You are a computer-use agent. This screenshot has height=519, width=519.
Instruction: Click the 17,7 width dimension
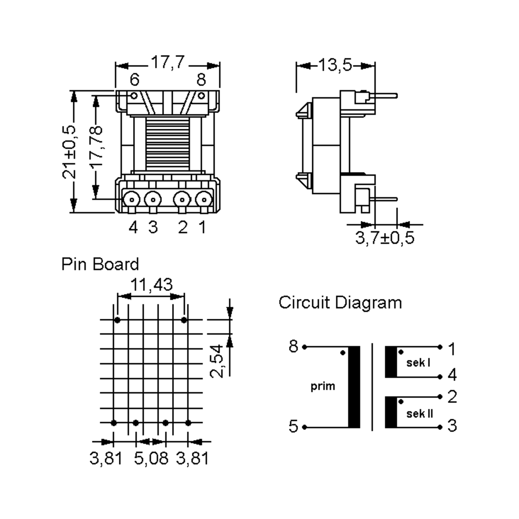pos(168,62)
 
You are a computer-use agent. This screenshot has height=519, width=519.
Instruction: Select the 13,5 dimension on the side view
pos(335,65)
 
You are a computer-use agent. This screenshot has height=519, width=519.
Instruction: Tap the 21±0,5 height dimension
pos(69,152)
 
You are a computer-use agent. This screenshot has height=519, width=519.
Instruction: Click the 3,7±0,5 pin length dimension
pos(384,238)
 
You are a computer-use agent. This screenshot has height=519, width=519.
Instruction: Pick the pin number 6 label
pos(134,80)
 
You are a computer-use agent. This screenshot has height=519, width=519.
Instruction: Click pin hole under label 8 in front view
pos(201,96)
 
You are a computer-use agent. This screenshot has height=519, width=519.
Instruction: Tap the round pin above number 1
pos(204,200)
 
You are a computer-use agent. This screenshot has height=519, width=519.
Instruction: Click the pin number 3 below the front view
pos(153,227)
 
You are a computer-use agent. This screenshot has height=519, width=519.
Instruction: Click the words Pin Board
pos(100,264)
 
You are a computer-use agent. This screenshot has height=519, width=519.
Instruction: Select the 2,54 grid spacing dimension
pos(217,361)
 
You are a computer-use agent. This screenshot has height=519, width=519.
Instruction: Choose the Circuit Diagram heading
pos(340,303)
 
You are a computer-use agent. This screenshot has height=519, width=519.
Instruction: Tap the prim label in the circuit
pos(323,386)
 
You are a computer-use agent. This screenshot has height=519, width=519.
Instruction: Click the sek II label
pos(419,414)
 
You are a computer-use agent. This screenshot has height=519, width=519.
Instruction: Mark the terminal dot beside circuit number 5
pos(304,427)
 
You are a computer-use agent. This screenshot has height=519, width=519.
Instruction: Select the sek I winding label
pos(418,363)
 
